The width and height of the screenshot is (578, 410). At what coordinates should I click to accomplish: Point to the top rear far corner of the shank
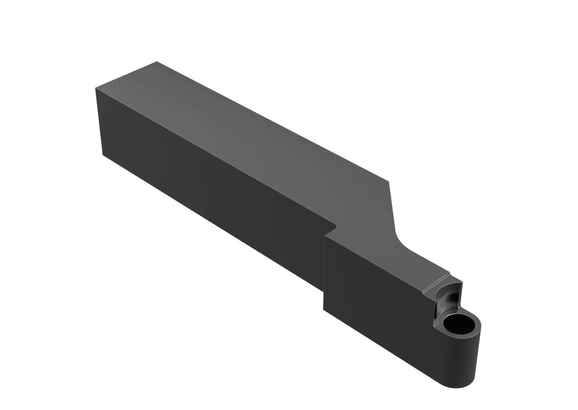tap(157, 62)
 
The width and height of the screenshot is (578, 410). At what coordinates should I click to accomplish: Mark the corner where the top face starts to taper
tap(389, 180)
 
